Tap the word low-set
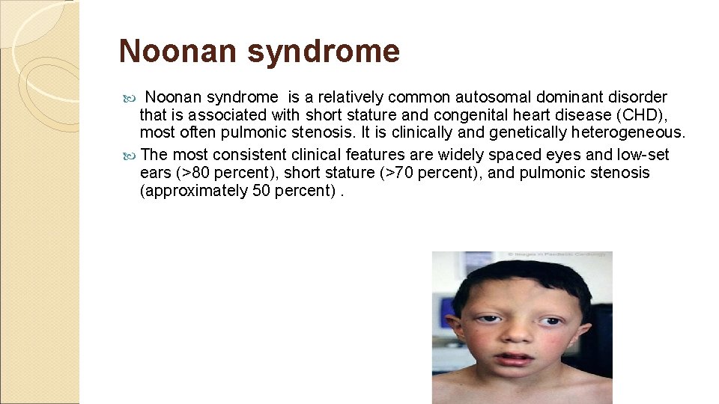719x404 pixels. coord(645,155)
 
